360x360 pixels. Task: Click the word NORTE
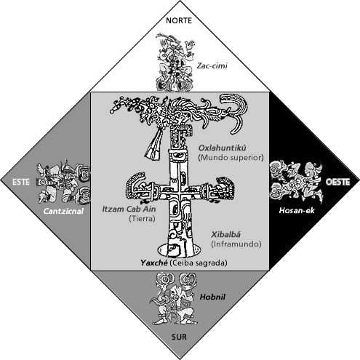179,20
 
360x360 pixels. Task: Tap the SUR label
179,337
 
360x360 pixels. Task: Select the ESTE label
21,182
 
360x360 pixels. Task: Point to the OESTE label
337,182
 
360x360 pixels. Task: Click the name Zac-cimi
212,65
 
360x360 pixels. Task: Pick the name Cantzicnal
63,211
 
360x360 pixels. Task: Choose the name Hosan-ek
297,210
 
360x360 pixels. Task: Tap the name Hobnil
212,297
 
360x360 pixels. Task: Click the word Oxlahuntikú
223,148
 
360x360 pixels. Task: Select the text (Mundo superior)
231,158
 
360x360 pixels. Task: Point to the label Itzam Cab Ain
129,209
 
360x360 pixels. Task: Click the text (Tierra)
142,219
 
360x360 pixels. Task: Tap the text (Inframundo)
236,244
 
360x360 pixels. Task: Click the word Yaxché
154,263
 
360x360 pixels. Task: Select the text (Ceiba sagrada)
199,263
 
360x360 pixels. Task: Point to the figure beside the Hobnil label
175,299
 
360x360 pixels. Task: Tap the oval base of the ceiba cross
179,250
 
